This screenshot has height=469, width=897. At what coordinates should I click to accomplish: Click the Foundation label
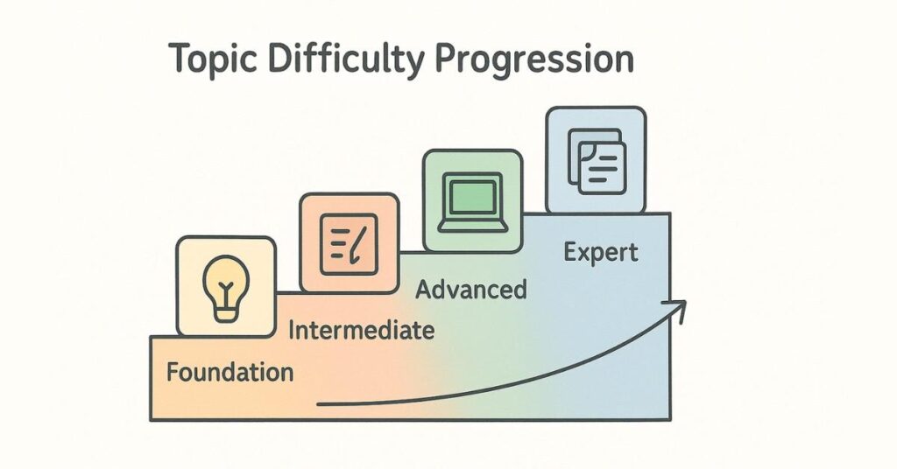coord(230,372)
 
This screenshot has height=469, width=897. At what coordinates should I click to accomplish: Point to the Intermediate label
coord(361,331)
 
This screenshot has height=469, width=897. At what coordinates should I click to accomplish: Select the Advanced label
coord(470,289)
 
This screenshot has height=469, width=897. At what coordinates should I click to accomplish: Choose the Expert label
coord(601,253)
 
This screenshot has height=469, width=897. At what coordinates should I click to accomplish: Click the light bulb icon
coord(225,286)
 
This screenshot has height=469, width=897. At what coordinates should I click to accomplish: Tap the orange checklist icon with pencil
coord(349,242)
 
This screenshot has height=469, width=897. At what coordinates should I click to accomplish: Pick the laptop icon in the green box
coord(473,201)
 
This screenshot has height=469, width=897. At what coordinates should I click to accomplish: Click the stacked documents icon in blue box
coord(596,160)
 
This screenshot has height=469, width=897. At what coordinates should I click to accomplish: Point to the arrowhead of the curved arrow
coord(680,304)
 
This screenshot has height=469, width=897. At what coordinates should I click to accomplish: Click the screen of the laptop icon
coord(473,195)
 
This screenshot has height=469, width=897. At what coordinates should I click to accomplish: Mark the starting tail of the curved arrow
coord(320,404)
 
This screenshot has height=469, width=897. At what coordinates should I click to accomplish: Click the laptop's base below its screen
coord(473,226)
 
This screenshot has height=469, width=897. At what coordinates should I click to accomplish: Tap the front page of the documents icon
coord(602,167)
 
